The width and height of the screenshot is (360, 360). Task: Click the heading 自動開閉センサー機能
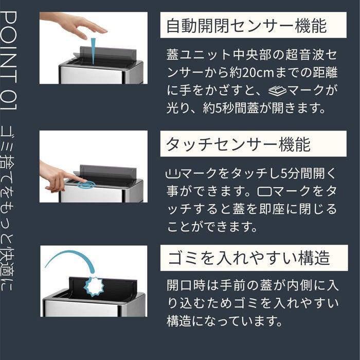tap(246, 26)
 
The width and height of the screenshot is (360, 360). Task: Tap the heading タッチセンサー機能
tap(238, 145)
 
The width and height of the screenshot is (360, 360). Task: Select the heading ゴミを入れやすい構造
tap(249, 258)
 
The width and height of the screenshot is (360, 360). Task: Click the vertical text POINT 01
tap(9, 61)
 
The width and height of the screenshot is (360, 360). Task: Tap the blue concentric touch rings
tap(86, 184)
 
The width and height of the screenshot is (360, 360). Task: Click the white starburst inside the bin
tap(94, 287)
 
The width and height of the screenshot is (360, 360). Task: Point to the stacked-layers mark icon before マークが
tap(277, 91)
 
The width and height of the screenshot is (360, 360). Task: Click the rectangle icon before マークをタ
tap(264, 191)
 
